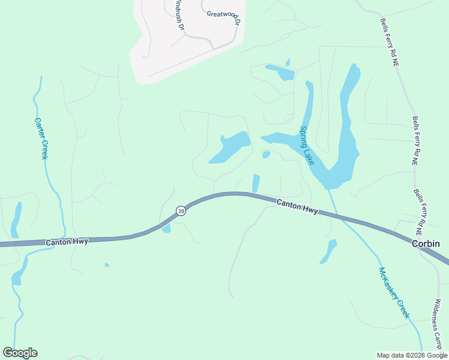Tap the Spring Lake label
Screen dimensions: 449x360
(x=307, y=146)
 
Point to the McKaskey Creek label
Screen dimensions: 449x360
(x=394, y=292)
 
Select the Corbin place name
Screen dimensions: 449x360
(x=426, y=244)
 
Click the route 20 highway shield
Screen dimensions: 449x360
(x=181, y=211)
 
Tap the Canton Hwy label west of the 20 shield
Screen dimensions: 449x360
(x=67, y=242)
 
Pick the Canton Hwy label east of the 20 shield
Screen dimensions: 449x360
(x=297, y=207)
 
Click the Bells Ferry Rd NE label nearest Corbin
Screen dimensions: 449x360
(x=418, y=212)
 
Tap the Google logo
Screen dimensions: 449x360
(x=20, y=353)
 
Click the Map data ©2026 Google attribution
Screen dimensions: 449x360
(x=412, y=355)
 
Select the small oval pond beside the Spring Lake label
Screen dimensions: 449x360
(x=266, y=155)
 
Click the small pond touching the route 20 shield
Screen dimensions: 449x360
(x=166, y=229)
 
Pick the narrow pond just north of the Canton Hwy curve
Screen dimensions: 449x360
(x=256, y=183)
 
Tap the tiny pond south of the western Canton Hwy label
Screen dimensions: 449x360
(x=107, y=265)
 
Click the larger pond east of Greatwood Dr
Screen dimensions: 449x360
(x=280, y=72)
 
